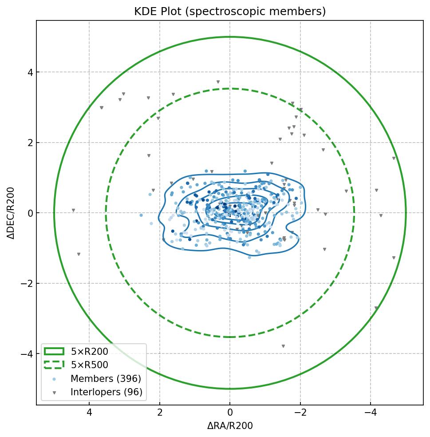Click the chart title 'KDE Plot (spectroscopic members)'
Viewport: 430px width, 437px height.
230,12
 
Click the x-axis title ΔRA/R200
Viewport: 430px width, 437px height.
230,426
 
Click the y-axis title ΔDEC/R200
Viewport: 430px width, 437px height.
11,213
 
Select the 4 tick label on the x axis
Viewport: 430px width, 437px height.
89,413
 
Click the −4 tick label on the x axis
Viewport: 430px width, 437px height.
371,413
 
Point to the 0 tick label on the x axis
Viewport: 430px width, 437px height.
230,413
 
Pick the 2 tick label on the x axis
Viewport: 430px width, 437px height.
160,413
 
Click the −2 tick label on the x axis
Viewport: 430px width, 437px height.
300,413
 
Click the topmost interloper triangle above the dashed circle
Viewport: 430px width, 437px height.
218,82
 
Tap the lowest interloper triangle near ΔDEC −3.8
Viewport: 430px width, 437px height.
283,346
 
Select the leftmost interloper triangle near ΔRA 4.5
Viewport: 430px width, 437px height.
73,211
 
